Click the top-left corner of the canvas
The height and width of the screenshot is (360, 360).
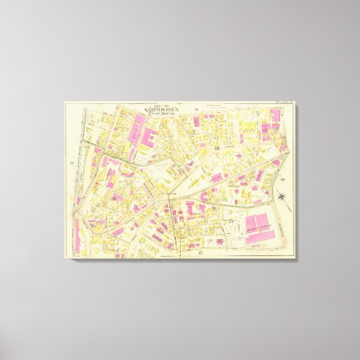[x=65, y=103]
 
